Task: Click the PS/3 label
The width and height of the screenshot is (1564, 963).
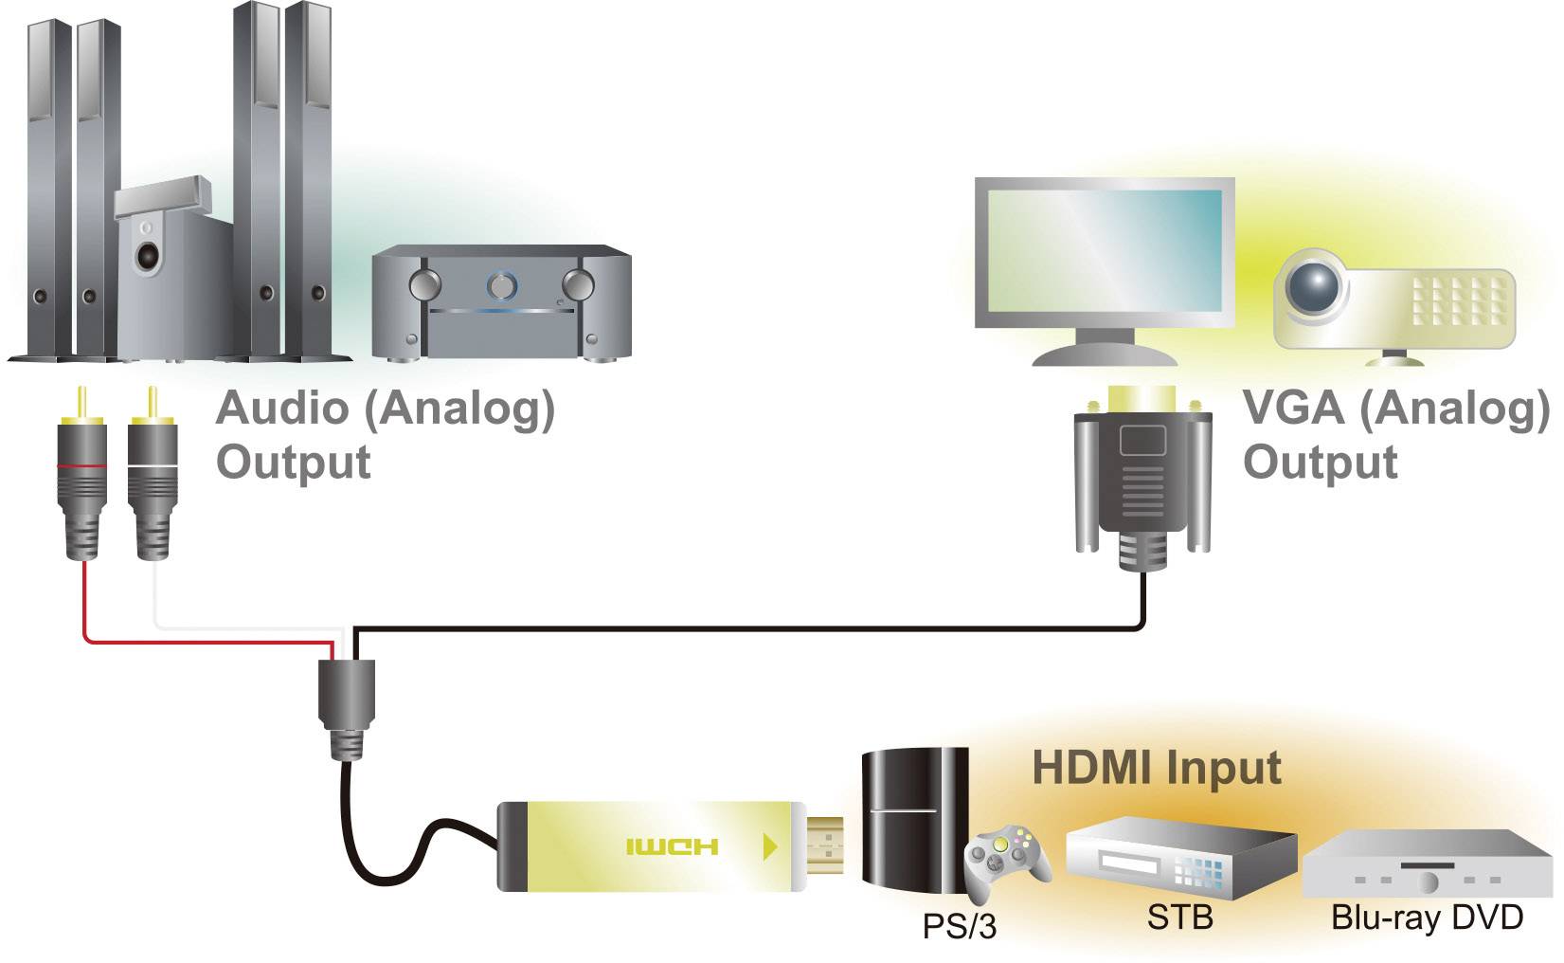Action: (x=959, y=926)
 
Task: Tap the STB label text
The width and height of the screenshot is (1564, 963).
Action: (x=1179, y=918)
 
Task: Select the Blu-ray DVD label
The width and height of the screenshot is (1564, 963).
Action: (x=1427, y=918)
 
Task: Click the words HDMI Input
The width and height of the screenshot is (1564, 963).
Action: (x=1157, y=768)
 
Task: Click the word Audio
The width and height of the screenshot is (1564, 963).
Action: (x=282, y=409)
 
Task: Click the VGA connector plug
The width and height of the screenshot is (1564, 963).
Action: (x=1143, y=474)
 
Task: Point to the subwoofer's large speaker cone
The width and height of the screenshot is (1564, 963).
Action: (x=148, y=257)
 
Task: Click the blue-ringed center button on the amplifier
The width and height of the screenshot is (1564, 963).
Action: (x=500, y=283)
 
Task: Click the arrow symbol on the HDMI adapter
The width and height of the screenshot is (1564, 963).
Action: (x=770, y=845)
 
